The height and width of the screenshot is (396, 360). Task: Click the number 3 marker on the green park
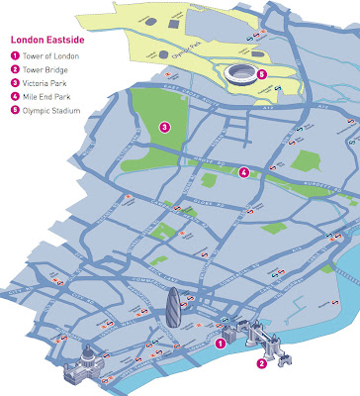click(164, 127)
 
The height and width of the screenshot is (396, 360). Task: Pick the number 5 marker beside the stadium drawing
click(261, 73)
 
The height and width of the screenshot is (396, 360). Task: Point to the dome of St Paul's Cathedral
click(86, 353)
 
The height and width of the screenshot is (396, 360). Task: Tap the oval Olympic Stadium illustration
click(240, 71)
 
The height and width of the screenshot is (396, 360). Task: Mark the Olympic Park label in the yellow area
click(172, 46)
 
